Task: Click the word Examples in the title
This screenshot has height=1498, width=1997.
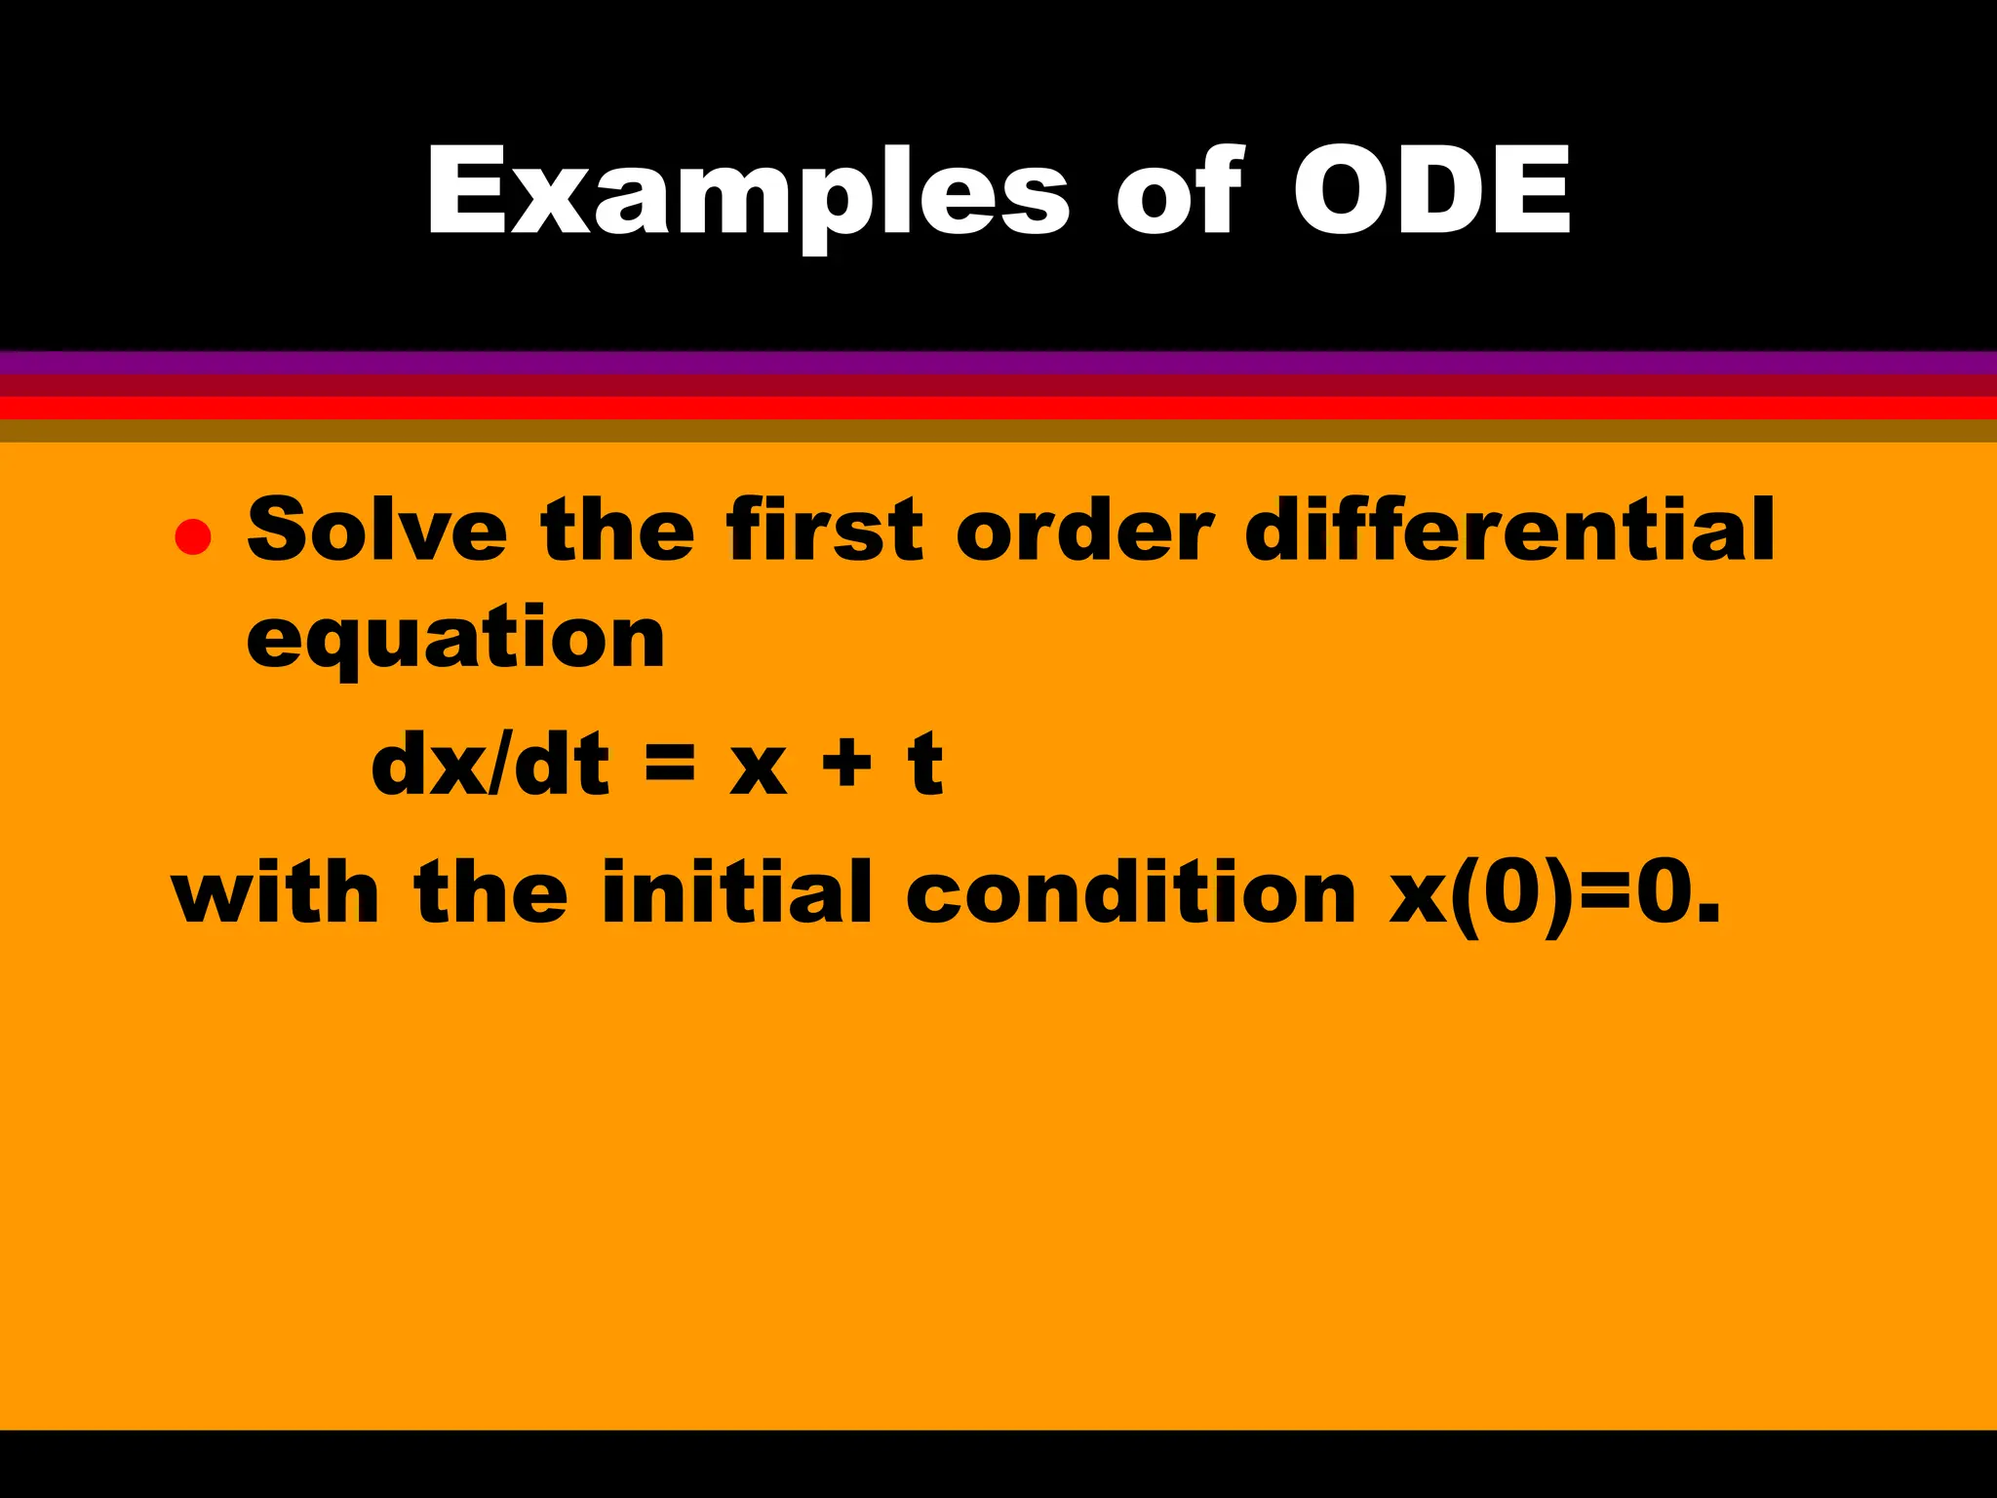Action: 747,193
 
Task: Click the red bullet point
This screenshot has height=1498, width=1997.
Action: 193,536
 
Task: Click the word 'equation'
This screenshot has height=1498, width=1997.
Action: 455,639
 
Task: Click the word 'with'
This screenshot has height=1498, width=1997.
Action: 275,892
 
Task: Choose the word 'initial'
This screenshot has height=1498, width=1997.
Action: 736,892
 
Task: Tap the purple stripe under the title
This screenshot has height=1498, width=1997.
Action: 998,363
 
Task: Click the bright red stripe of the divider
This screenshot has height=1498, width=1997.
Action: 998,408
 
